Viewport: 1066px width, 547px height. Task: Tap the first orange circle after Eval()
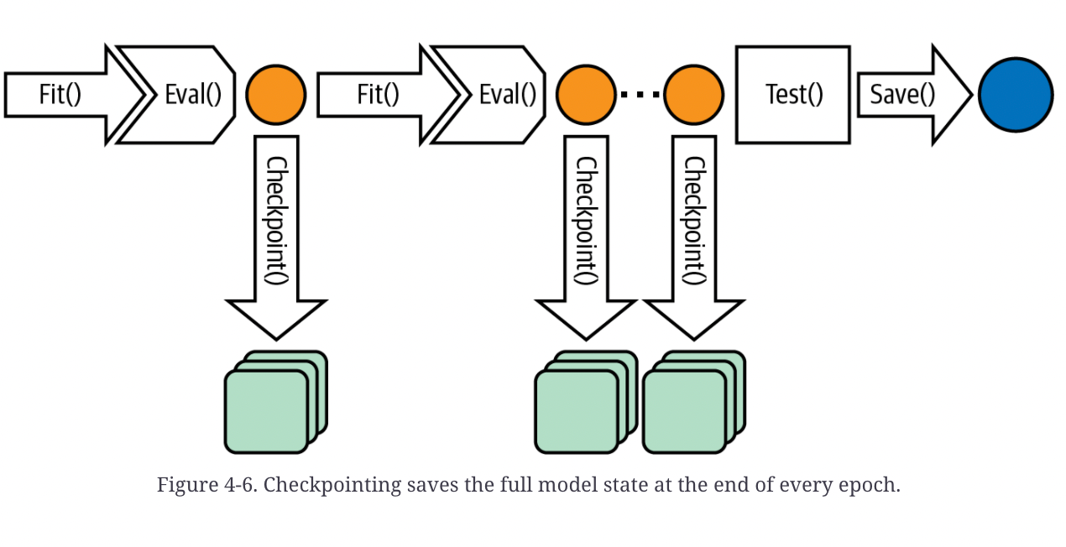pyautogui.click(x=276, y=95)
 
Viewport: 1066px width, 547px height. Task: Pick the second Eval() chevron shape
pyautogui.click(x=504, y=95)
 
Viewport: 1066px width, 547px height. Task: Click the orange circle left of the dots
pyautogui.click(x=586, y=95)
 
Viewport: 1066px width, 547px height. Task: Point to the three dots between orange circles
pyautogui.click(x=640, y=95)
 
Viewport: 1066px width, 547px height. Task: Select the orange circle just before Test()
pyautogui.click(x=693, y=95)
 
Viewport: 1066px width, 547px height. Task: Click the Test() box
pyautogui.click(x=793, y=95)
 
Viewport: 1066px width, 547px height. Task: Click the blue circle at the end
pyautogui.click(x=1016, y=95)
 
